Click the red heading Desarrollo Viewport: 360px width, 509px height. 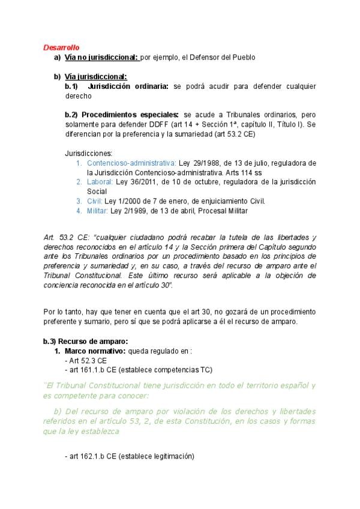click(61, 47)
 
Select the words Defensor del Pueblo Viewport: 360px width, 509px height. click(223, 58)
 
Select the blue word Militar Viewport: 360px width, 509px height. click(98, 211)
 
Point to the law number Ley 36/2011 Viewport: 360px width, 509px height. click(136, 181)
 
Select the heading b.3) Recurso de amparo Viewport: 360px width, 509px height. click(85, 341)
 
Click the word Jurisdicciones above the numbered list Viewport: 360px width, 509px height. click(88, 153)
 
